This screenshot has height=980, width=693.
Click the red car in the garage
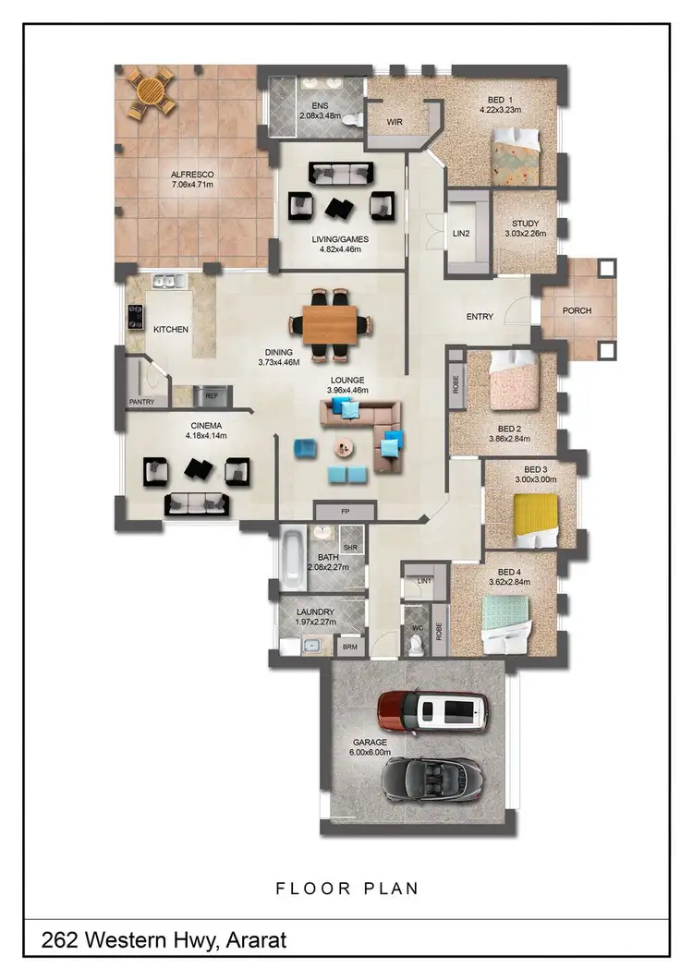pos(432,710)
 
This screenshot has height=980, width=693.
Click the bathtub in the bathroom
pos(292,557)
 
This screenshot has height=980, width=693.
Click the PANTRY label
pos(141,402)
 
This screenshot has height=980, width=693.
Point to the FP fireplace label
pos(345,510)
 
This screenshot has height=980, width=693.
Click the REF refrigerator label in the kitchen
pos(212,395)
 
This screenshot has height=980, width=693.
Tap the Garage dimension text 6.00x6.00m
pos(369,752)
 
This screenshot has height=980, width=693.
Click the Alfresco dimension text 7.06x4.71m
pos(192,184)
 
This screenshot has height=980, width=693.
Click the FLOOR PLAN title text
pos(346,889)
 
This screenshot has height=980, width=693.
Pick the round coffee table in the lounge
pos(346,447)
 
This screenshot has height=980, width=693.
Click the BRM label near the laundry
pos(349,647)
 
